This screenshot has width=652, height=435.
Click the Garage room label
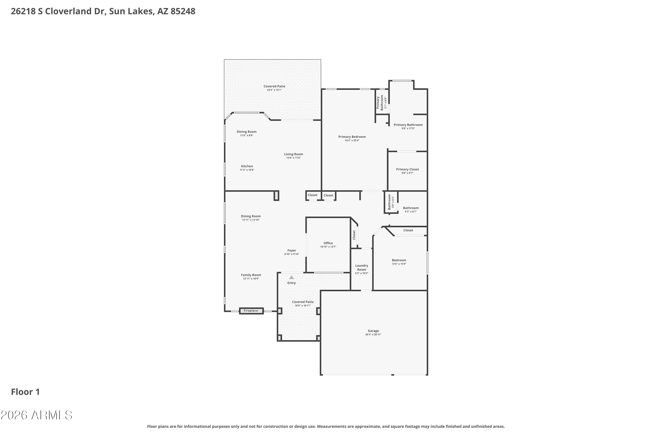tap(373, 331)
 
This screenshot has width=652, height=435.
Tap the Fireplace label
tap(251, 311)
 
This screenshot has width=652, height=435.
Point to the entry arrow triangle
tap(291, 277)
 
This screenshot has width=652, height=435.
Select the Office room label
tap(328, 243)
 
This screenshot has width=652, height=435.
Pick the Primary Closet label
tap(407, 169)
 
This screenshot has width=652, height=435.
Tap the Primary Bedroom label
tap(352, 137)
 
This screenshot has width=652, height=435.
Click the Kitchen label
tap(247, 166)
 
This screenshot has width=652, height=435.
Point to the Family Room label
tap(251, 275)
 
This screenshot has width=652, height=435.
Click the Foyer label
tap(292, 251)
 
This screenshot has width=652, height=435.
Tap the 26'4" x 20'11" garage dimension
tap(373, 335)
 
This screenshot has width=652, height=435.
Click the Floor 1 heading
tap(25, 392)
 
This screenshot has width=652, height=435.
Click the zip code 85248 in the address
tap(183, 11)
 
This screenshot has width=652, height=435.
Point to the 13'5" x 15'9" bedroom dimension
tap(399, 264)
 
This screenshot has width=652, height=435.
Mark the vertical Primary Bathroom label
tap(380, 103)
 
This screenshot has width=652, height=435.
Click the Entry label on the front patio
tap(292, 283)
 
